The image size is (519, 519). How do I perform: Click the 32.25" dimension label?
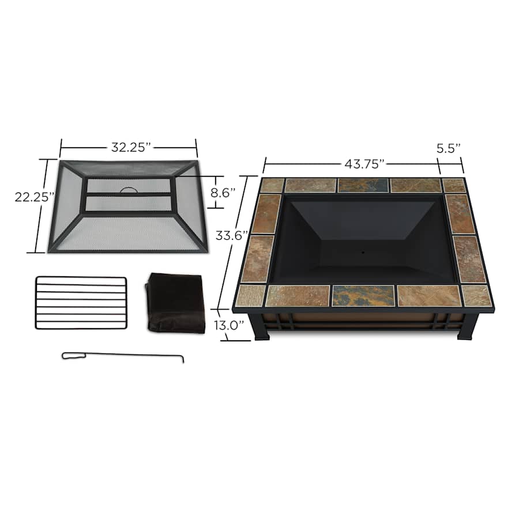131,147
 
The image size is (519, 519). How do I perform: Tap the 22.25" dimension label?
35,197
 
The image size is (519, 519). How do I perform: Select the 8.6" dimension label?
223,193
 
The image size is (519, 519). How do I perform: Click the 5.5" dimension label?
449,149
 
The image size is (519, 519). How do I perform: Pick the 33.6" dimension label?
232,236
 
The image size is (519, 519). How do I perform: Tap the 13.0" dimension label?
229,325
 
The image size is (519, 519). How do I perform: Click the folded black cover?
175,303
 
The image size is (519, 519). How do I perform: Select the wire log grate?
81,303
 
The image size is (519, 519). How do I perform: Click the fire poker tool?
123,356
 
